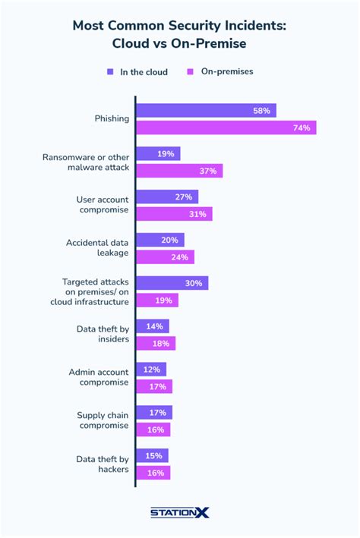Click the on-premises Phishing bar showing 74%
pos(226,127)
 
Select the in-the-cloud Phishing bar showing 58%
pos(205,111)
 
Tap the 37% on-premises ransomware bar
pos(178,171)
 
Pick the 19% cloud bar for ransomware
pos(157,154)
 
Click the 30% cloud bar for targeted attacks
pos(172,283)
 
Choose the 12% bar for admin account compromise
pos(150,370)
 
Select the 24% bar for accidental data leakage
pos(164,256)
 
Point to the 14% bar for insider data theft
pos(152,326)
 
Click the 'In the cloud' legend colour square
pos(110,72)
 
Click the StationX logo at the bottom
pos(179,513)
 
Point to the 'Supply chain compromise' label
pos(101,420)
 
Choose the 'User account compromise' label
pos(101,205)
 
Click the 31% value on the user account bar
pos(197,214)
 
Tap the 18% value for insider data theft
pos(161,343)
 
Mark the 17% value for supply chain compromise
pos(158,413)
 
